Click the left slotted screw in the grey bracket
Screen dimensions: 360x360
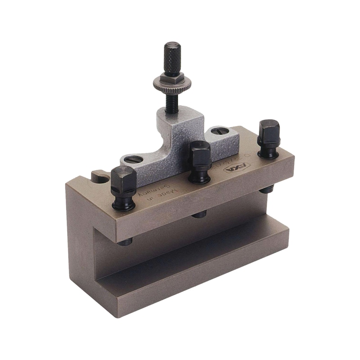[x=133, y=159]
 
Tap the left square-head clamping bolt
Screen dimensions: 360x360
[x=123, y=180]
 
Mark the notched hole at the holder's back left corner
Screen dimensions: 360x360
[x=100, y=177]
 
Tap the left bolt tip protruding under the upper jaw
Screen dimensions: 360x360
[x=126, y=242]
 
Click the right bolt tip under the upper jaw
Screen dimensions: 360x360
[x=266, y=190]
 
